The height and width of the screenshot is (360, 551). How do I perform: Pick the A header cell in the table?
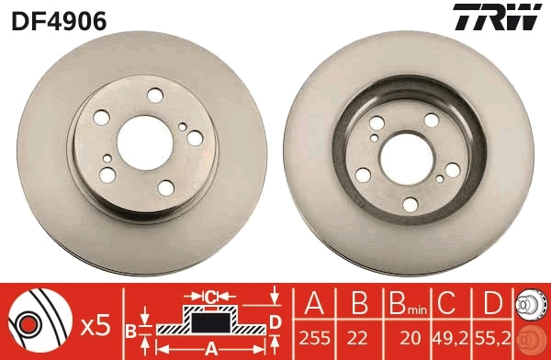click(315, 302)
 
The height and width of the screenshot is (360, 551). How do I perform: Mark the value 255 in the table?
click(315, 338)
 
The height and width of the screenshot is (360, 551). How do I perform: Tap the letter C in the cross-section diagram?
click(209, 297)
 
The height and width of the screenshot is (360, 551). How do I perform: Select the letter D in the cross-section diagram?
click(275, 321)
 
